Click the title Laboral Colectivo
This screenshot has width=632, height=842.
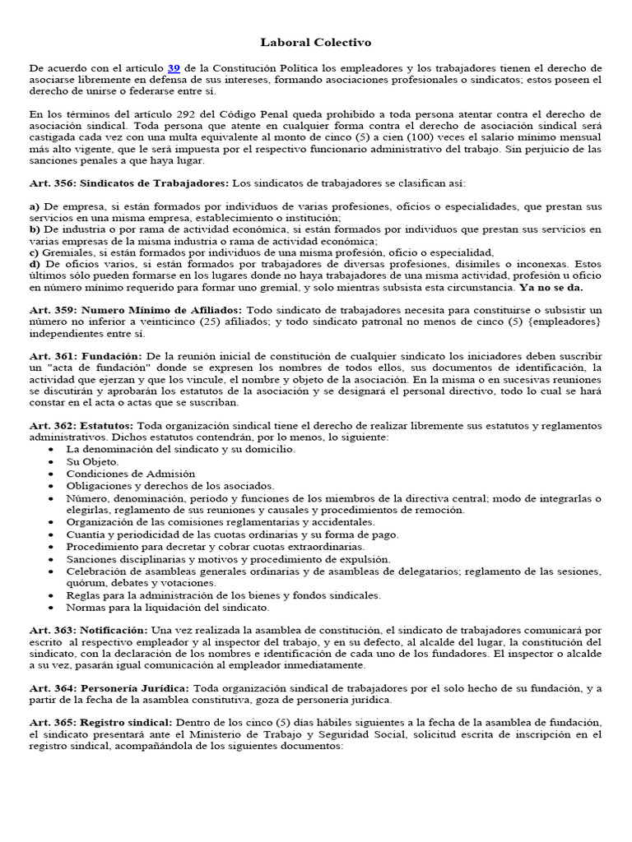316,41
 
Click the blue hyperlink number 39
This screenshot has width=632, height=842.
174,67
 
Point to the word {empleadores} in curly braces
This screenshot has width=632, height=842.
560,322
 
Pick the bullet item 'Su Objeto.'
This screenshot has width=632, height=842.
93,462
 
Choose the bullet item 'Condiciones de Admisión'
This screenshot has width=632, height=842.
131,474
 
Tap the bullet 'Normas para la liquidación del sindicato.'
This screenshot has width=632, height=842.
168,607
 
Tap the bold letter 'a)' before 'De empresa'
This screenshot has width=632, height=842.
35,206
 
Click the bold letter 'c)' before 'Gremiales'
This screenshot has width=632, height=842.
34,252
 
